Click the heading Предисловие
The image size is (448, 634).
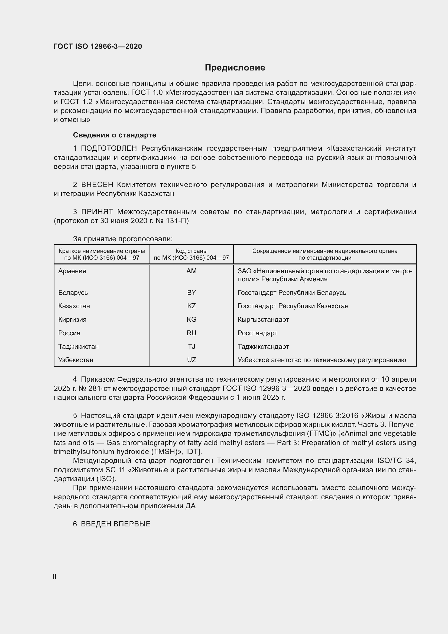(x=235, y=68)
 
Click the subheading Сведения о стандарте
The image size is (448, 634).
(x=115, y=135)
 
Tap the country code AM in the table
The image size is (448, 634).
(x=191, y=271)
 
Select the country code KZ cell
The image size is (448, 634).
(x=191, y=306)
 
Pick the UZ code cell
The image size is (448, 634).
(x=191, y=360)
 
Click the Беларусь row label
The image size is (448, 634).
(x=73, y=292)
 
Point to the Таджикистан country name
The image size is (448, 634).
(x=78, y=347)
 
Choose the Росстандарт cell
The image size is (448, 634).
(x=257, y=333)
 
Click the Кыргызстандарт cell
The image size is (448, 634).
(x=263, y=320)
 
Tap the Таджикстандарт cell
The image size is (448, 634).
(x=263, y=347)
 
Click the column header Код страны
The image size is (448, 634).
(x=191, y=251)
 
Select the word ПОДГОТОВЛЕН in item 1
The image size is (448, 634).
(x=109, y=149)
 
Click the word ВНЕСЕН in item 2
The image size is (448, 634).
(x=97, y=185)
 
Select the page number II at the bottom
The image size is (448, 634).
(x=55, y=577)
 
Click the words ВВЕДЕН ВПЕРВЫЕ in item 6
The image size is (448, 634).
(x=116, y=524)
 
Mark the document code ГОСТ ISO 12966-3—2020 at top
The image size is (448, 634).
(x=98, y=46)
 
